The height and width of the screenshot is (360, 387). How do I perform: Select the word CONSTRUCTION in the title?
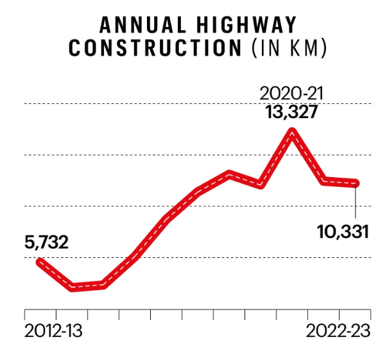point(152,49)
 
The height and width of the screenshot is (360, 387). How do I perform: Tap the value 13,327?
point(293,114)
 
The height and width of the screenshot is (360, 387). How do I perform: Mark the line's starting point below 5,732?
point(40,262)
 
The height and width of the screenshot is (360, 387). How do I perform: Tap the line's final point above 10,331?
point(356,184)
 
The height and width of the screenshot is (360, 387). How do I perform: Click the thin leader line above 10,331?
point(356,202)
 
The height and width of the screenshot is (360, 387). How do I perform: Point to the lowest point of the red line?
point(72,287)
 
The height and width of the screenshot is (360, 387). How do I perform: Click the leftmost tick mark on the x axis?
point(24,314)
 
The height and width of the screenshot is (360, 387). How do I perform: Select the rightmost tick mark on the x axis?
point(370,314)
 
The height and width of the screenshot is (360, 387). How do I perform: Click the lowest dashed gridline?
point(193,257)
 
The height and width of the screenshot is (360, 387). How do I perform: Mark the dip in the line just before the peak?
point(261,185)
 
